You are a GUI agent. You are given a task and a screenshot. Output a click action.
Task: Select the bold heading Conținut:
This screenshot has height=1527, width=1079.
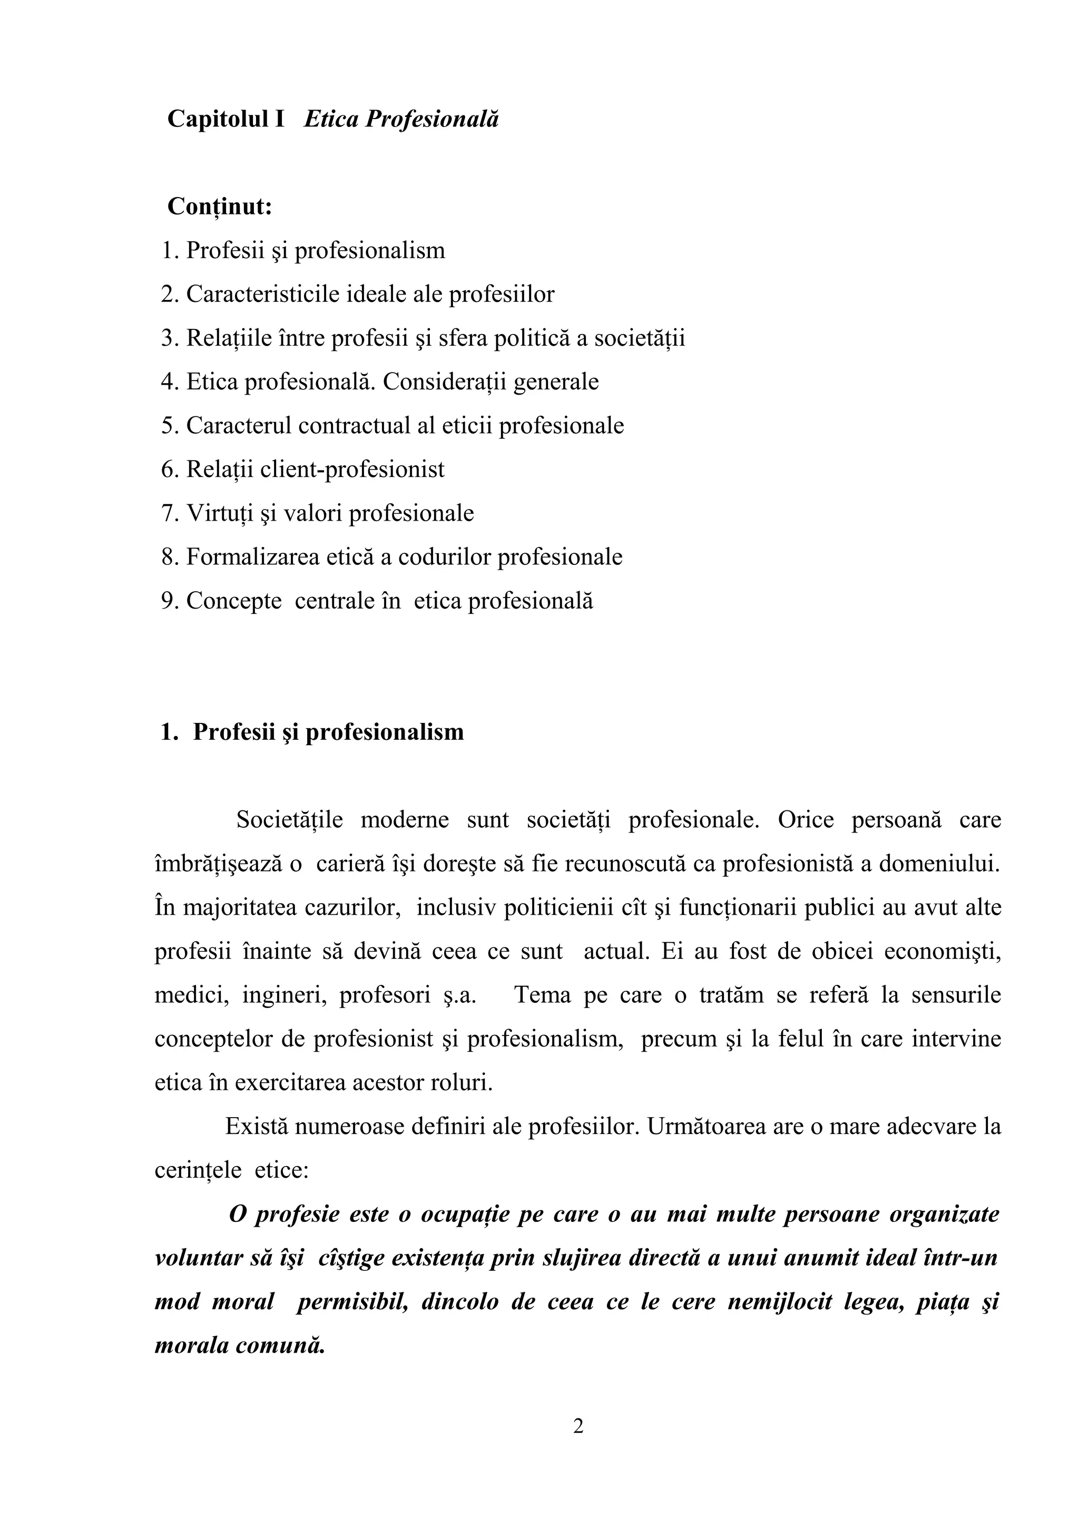(x=219, y=207)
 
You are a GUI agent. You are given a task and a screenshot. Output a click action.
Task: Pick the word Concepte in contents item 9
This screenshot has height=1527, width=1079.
(x=233, y=601)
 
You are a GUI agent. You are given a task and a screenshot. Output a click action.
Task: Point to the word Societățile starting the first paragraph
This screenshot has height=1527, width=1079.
(x=290, y=820)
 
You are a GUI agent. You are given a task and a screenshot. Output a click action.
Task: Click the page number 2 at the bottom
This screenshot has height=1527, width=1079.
(x=578, y=1426)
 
